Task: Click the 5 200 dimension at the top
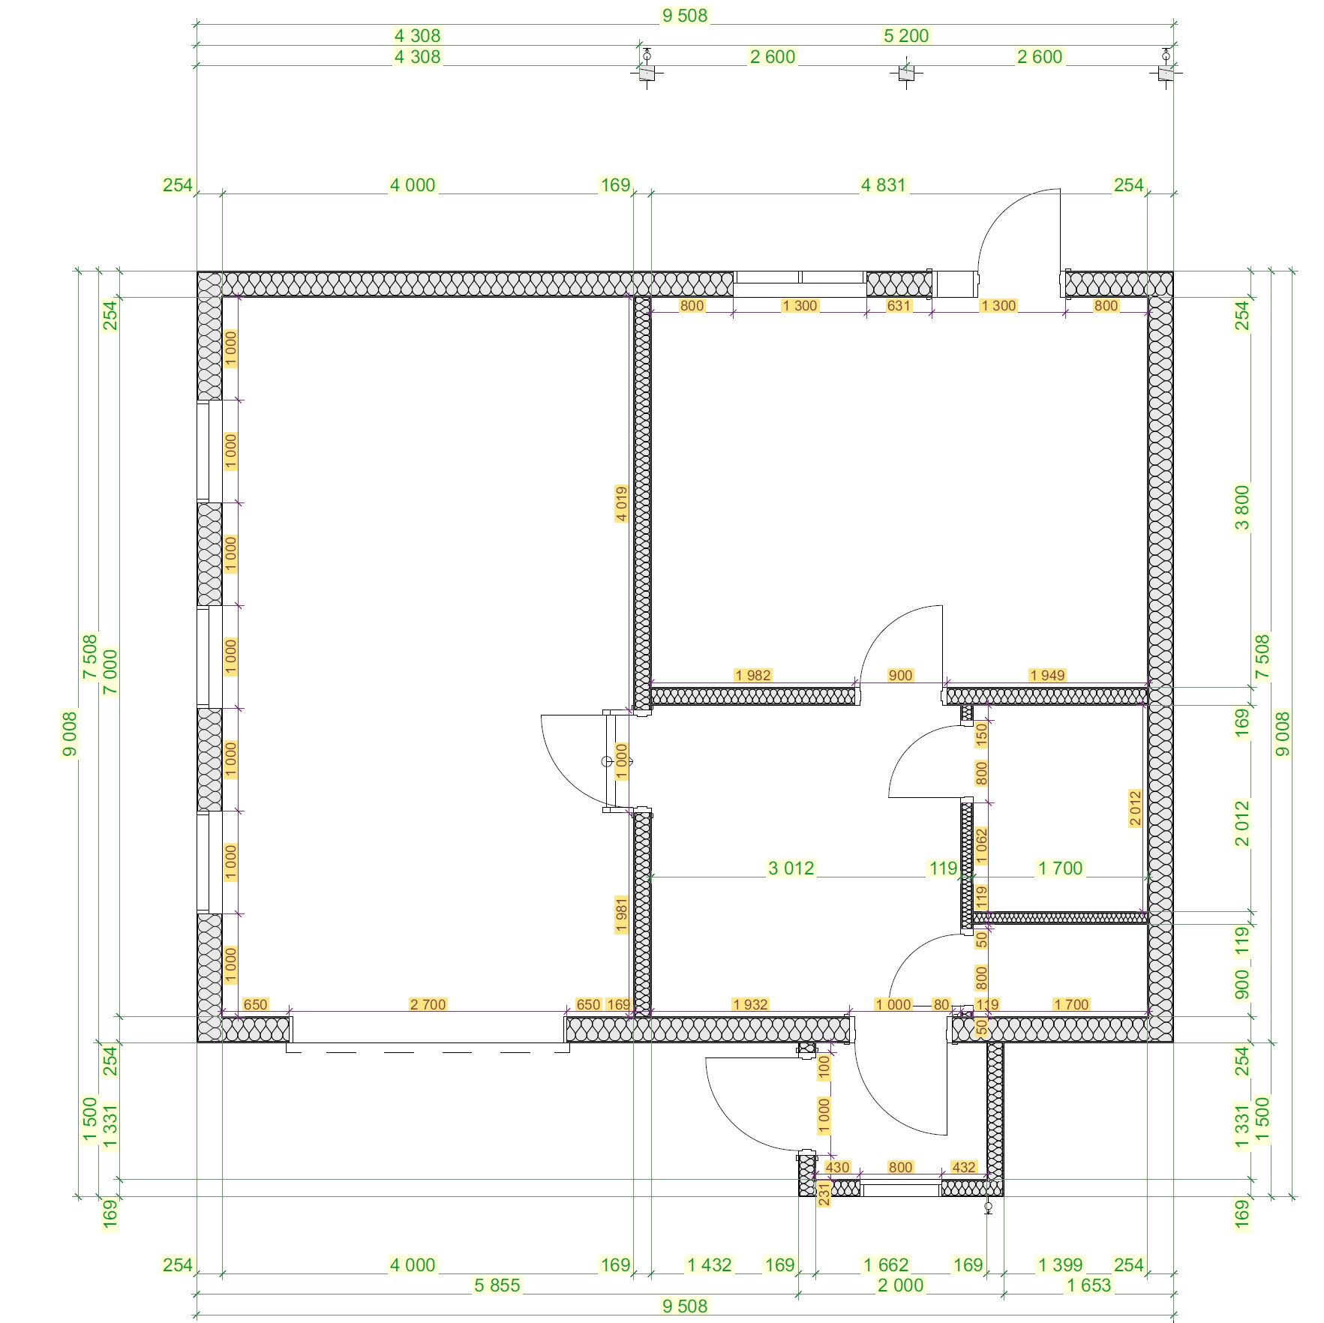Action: click(905, 35)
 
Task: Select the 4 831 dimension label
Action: click(884, 184)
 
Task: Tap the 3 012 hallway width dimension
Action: click(791, 868)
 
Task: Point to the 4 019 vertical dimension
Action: click(621, 503)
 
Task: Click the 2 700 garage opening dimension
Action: click(428, 1004)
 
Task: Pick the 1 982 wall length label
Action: click(752, 675)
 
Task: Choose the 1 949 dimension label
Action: click(1047, 675)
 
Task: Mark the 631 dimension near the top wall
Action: click(899, 305)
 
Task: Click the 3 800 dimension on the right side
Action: click(1242, 508)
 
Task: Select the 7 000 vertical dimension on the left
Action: click(110, 672)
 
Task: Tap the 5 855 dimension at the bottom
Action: click(497, 1285)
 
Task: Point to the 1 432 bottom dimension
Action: click(709, 1264)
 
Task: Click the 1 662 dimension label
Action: click(885, 1264)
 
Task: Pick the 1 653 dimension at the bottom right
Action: click(1088, 1285)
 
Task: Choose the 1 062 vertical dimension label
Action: click(981, 846)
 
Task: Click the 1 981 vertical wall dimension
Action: click(621, 914)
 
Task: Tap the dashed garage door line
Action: click(428, 1052)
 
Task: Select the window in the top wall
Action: click(800, 284)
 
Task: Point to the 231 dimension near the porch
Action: click(824, 1193)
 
